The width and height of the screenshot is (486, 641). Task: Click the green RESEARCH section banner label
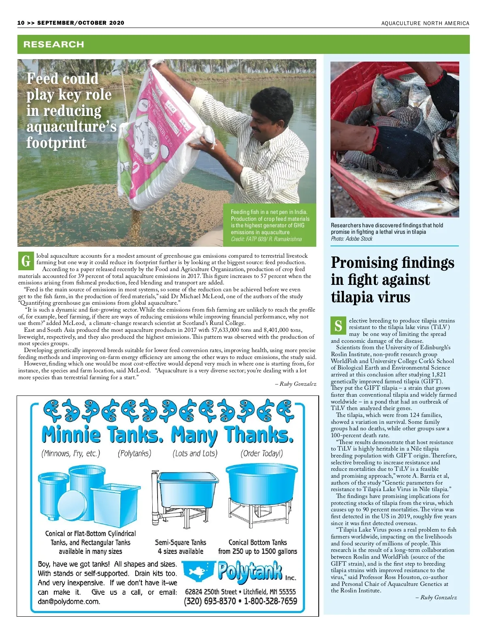[53, 45]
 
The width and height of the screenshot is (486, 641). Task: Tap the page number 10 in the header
[21, 23]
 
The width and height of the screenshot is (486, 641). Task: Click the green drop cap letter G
[26, 261]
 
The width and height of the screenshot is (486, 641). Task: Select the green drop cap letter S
[338, 325]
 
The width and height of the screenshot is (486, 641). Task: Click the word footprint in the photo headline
[56, 143]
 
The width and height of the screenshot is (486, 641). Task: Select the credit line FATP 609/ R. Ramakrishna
[266, 239]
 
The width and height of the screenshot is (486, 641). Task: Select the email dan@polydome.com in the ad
[69, 601]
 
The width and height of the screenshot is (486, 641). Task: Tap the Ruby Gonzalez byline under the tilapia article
[438, 597]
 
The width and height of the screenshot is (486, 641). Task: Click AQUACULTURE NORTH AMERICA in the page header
[425, 24]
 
